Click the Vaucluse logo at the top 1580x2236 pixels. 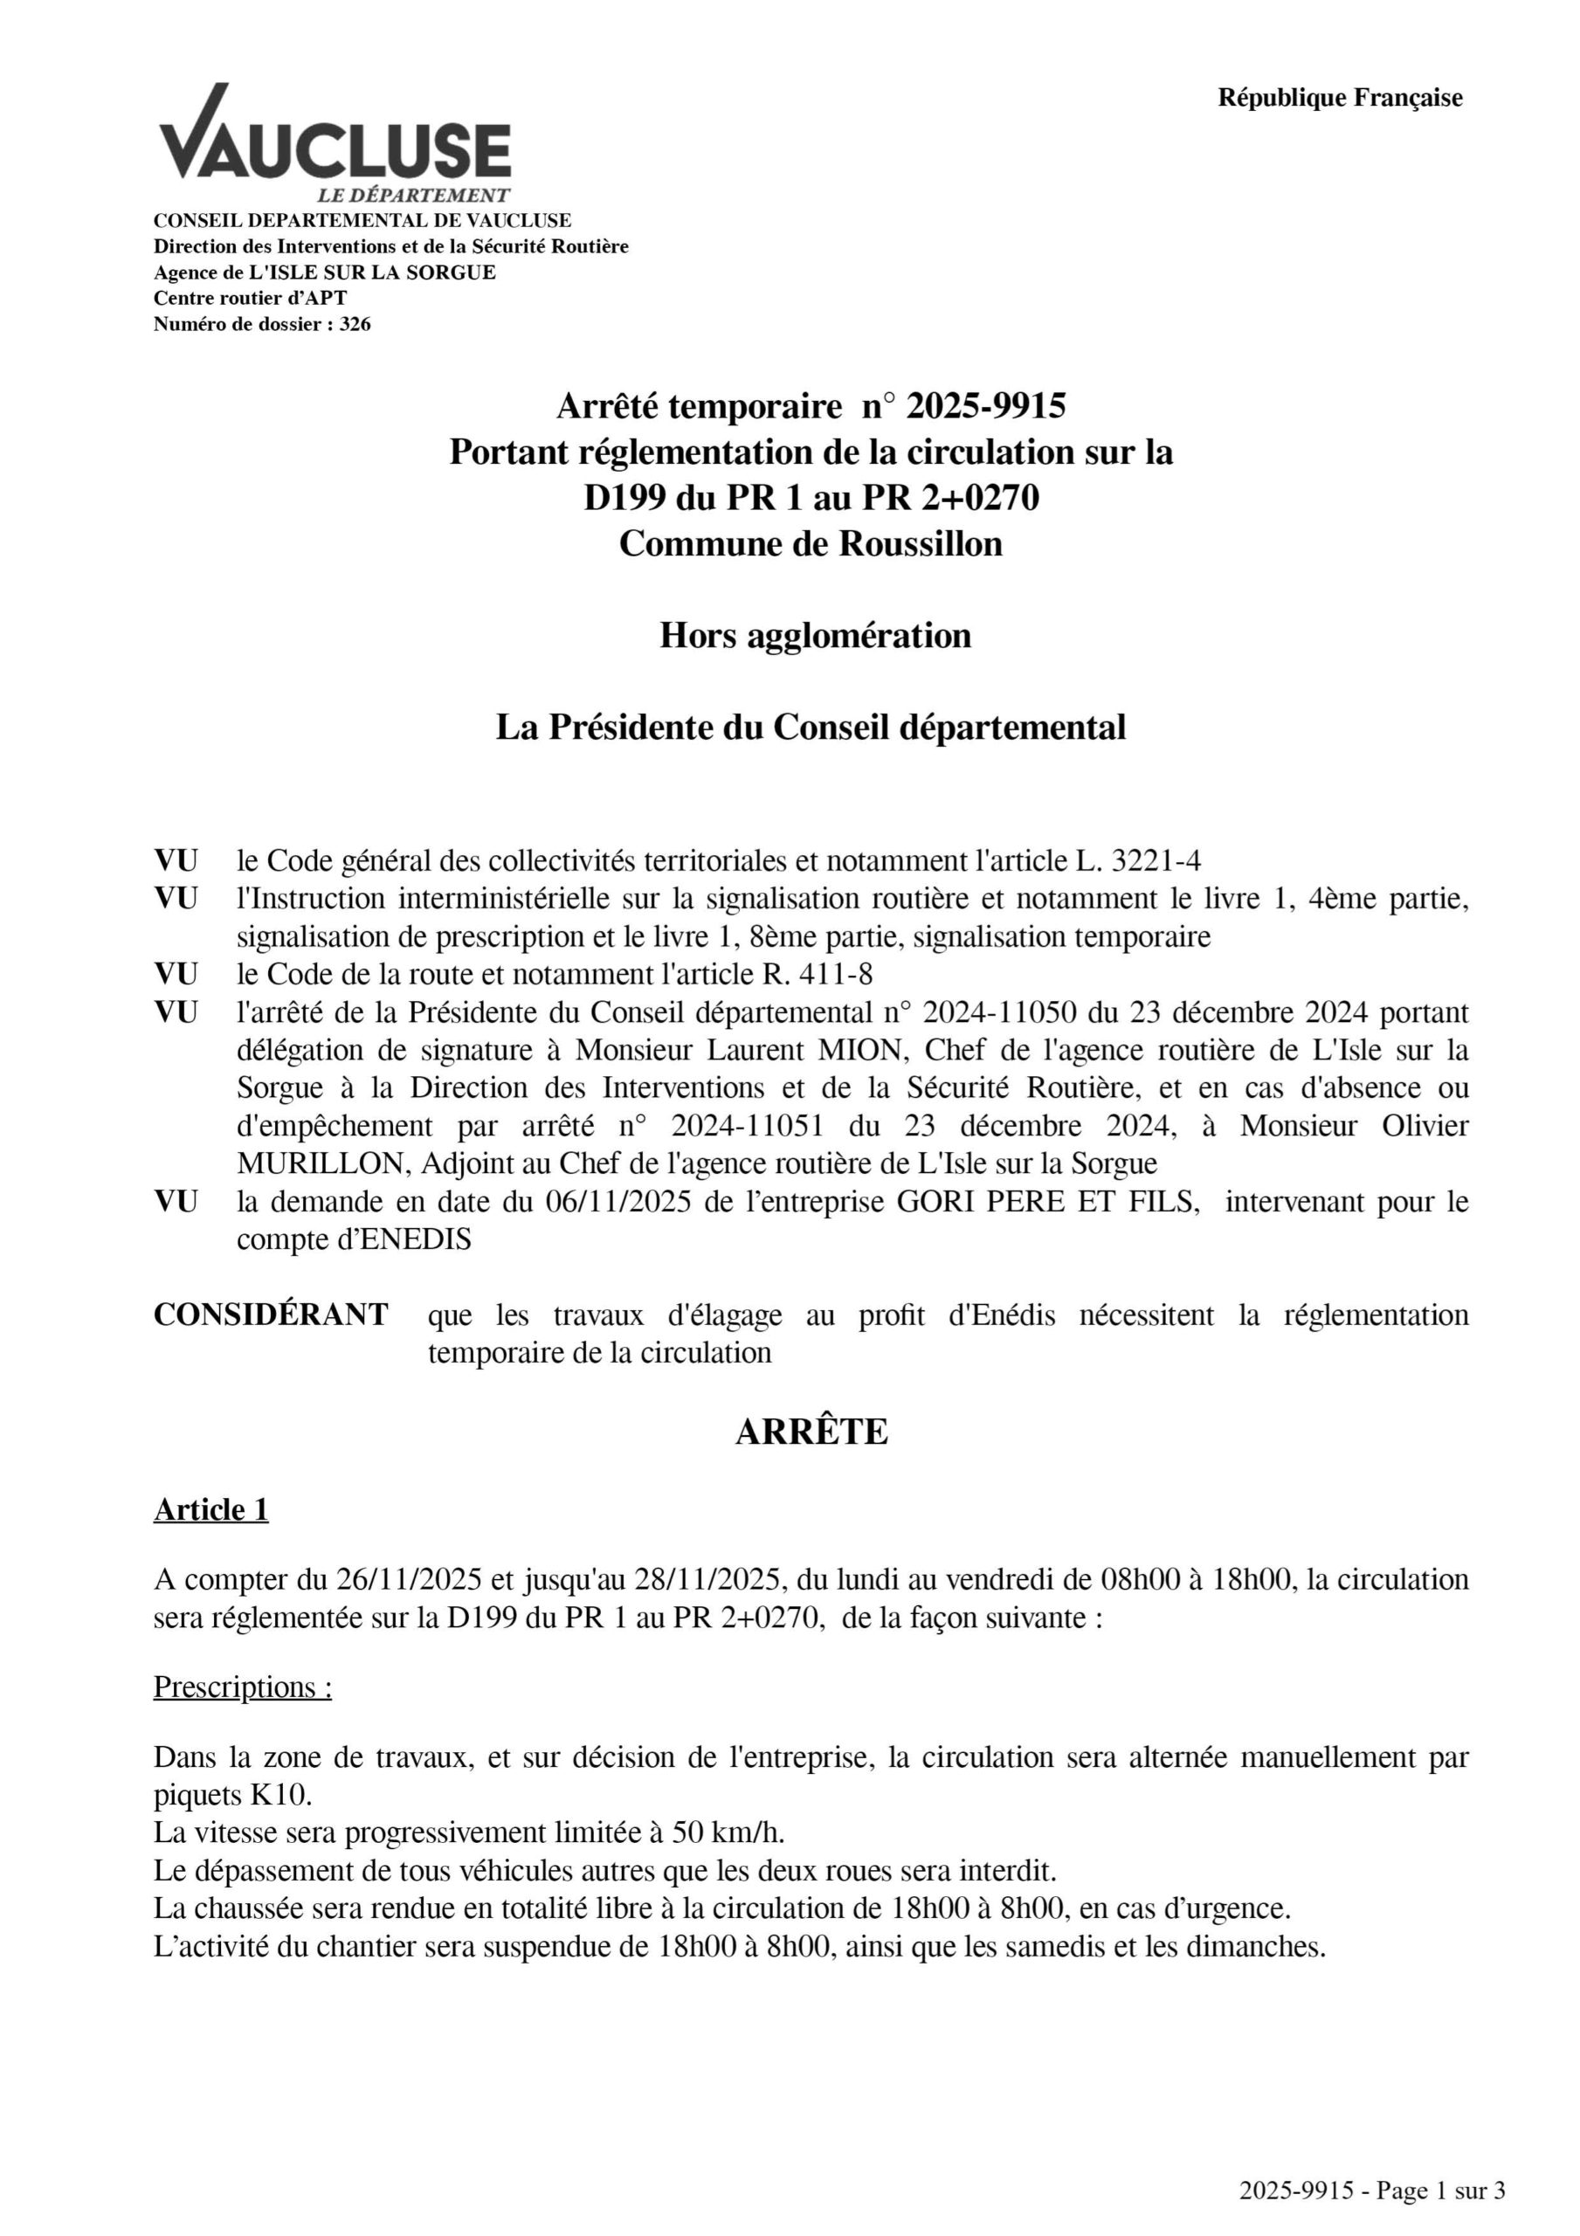point(335,142)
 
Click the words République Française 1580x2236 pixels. point(1340,99)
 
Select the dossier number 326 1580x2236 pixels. point(355,324)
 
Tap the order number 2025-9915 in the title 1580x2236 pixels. point(986,406)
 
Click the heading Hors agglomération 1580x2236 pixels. point(815,636)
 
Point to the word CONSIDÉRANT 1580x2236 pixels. point(271,1315)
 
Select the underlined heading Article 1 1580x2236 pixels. point(210,1509)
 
